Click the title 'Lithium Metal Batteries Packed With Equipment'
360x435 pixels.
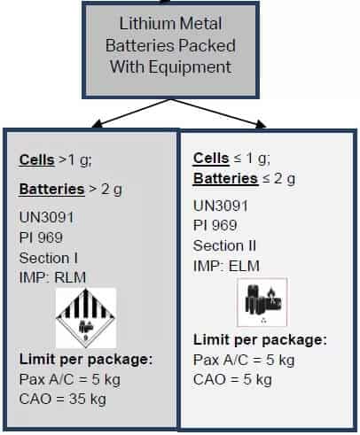tap(170, 45)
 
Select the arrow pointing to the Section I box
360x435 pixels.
tap(131, 113)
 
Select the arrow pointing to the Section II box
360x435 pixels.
tap(219, 113)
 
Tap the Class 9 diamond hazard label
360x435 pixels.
tap(86, 318)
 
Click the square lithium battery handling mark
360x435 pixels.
tap(262, 302)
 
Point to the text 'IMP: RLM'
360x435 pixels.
tap(52, 277)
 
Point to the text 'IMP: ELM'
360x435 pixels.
tap(226, 266)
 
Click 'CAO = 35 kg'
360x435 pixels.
tap(63, 399)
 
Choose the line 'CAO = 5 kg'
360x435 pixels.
tap(232, 379)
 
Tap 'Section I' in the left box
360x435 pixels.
tap(49, 258)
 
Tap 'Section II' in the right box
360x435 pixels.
tap(224, 245)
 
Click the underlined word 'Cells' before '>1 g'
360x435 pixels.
tap(37, 159)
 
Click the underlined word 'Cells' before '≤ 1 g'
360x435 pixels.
tap(211, 158)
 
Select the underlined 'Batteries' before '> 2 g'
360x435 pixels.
tap(52, 189)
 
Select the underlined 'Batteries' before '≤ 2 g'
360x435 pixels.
tap(225, 178)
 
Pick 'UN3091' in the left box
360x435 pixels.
tap(46, 218)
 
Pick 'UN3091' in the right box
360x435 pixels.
tap(221, 206)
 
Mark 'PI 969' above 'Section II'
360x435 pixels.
tap(215, 225)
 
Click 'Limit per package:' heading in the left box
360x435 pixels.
tap(86, 360)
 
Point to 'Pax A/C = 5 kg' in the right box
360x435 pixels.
tap(244, 360)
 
